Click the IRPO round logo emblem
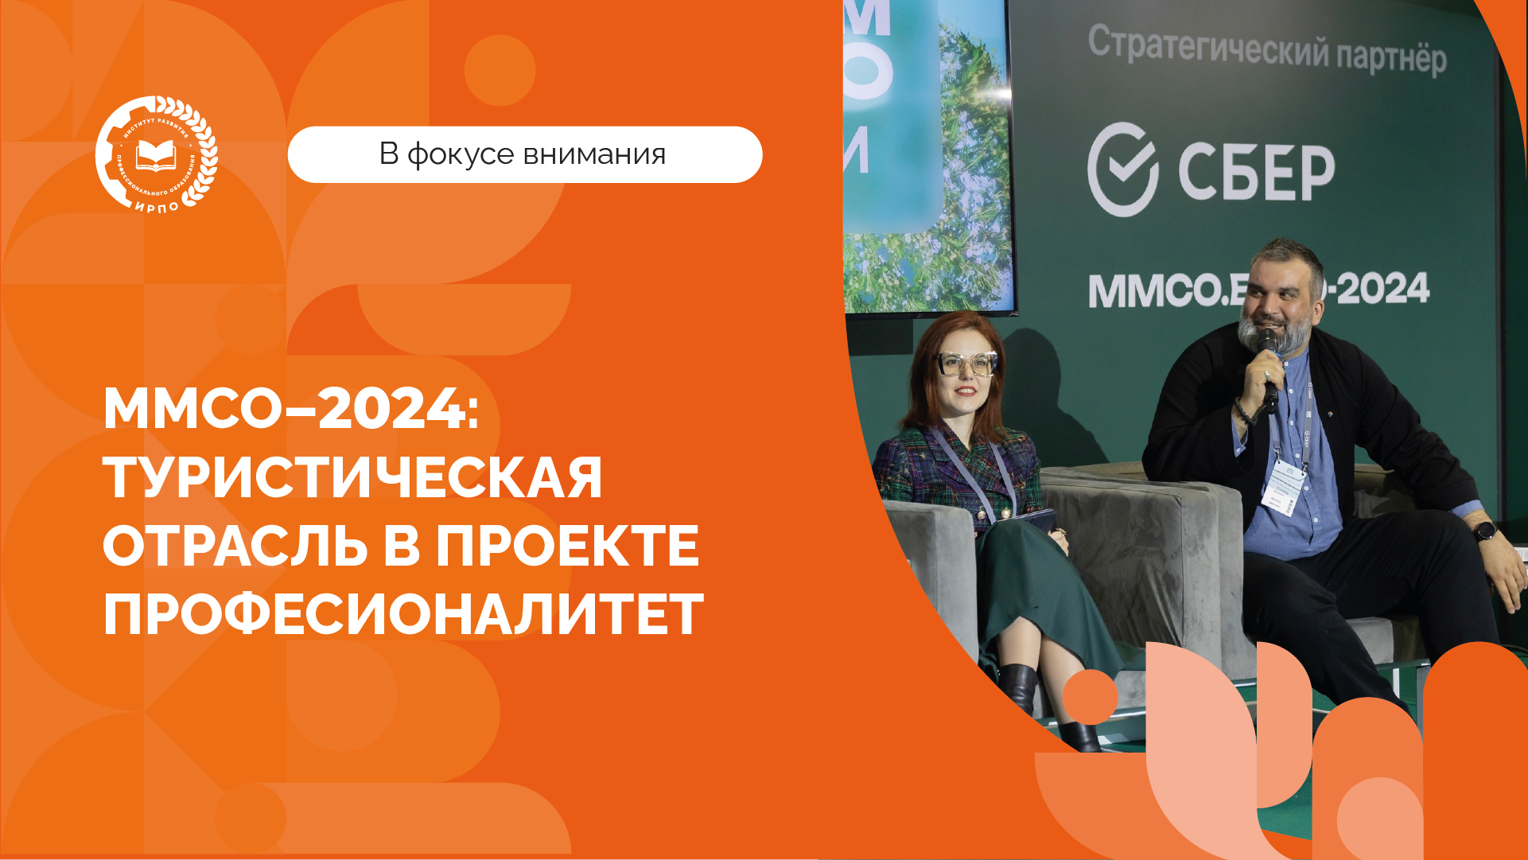coord(156,154)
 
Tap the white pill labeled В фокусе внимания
coord(524,154)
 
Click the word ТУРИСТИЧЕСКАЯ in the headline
coord(352,477)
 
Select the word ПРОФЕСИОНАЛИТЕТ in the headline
coord(403,614)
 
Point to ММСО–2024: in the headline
coord(291,409)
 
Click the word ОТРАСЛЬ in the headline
coord(235,547)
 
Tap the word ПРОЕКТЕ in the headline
coord(567,547)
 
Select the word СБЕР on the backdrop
coord(1256,173)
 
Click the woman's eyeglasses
coord(966,364)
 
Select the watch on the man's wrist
coord(1484,531)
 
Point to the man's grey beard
coord(1257,334)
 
